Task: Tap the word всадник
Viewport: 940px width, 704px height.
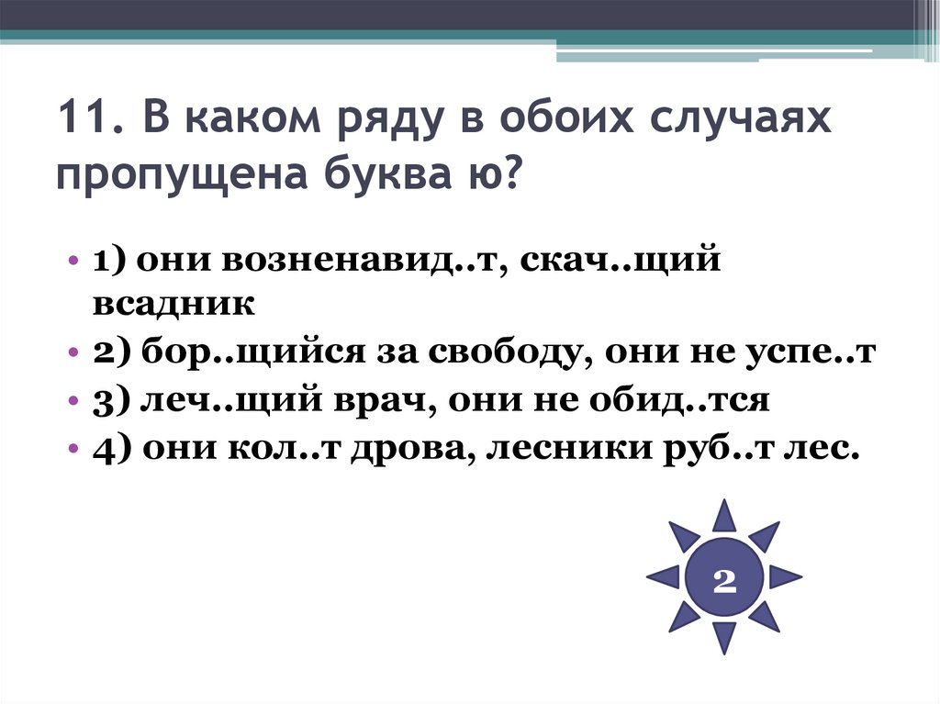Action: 172,304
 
